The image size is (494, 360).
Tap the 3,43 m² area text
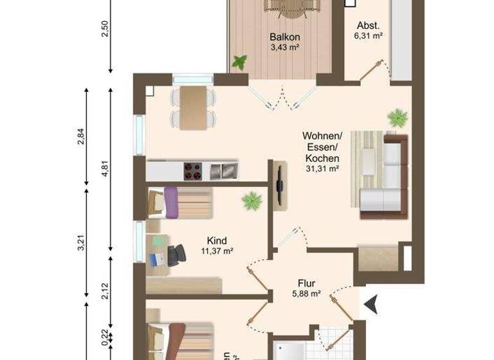pyautogui.click(x=285, y=47)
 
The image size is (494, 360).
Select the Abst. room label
pyautogui.click(x=368, y=26)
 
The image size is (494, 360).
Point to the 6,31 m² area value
pyautogui.click(x=368, y=36)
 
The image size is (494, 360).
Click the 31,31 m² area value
pyautogui.click(x=322, y=168)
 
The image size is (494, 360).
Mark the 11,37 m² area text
pyautogui.click(x=217, y=251)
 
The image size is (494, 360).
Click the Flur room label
pyautogui.click(x=306, y=283)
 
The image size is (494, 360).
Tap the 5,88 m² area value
pyautogui.click(x=306, y=294)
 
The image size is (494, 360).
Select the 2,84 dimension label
pyautogui.click(x=81, y=137)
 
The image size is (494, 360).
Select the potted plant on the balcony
pyautogui.click(x=240, y=62)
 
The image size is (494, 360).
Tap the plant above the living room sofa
pyautogui.click(x=397, y=118)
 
